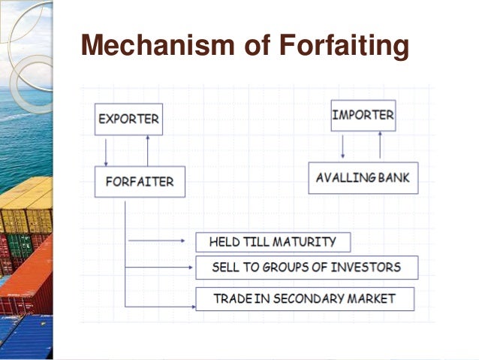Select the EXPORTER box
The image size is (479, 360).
pos(128,119)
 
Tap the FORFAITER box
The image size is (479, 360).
pos(140,181)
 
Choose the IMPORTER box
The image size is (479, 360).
pos(363,116)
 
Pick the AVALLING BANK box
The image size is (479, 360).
pos(363,179)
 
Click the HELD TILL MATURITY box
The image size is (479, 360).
pos(273,242)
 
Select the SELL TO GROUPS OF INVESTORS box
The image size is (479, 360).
pos(306,267)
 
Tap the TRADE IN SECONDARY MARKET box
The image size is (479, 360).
pos(304,298)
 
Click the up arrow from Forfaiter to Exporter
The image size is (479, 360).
pos(148,150)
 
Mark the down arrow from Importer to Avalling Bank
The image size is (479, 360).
pos(343,146)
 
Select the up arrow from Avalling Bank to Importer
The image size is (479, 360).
pos(381,146)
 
